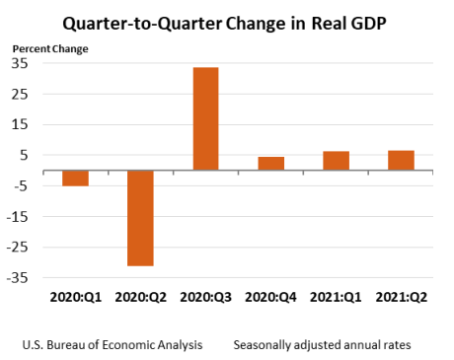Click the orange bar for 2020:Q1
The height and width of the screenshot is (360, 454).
coord(75,178)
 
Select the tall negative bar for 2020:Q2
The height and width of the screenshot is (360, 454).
coord(140,218)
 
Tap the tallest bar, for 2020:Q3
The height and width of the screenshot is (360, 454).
coord(205,118)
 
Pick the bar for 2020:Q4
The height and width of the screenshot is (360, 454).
coord(270,163)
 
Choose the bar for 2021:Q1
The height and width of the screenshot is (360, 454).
coord(336,160)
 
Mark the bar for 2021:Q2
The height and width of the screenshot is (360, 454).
coord(401,160)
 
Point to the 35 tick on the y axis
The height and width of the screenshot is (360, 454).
coord(20,63)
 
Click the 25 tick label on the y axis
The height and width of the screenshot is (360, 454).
coord(20,94)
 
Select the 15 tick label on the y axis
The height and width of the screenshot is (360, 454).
coord(20,124)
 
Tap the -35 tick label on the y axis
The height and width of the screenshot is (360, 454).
coord(18,278)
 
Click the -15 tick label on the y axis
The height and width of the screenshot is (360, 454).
coord(18,217)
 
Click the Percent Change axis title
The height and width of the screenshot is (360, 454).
coord(49,47)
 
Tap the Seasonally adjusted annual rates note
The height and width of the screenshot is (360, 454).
coord(322,345)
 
